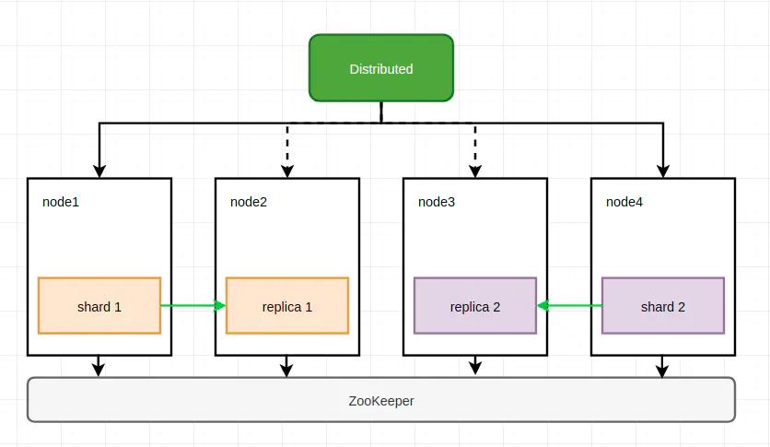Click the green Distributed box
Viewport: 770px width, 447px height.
coord(381,68)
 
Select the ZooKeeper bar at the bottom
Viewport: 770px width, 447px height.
coord(381,400)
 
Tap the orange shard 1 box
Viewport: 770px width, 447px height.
coord(99,306)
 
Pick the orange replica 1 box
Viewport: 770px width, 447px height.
coord(287,306)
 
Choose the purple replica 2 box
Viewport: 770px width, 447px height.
coord(475,306)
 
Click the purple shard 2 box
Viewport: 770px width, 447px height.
coord(663,306)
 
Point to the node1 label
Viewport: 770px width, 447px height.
coord(61,202)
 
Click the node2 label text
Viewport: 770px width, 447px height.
coord(249,202)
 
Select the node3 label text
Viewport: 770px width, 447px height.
coord(437,202)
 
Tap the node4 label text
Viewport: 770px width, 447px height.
coord(624,202)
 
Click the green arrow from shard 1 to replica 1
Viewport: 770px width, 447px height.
coord(193,306)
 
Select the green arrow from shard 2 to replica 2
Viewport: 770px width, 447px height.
coord(569,306)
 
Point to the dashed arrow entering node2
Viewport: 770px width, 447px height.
coord(287,152)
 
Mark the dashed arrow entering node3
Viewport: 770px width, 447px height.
coord(475,152)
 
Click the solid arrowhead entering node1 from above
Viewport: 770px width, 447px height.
coord(99,171)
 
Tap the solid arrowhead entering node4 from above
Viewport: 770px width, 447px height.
coord(663,171)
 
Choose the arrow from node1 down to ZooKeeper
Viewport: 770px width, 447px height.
coord(99,367)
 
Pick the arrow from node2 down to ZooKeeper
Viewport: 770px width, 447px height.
coord(287,367)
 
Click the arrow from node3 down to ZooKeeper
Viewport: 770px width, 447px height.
coord(475,366)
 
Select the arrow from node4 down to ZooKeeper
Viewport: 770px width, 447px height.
coord(663,367)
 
